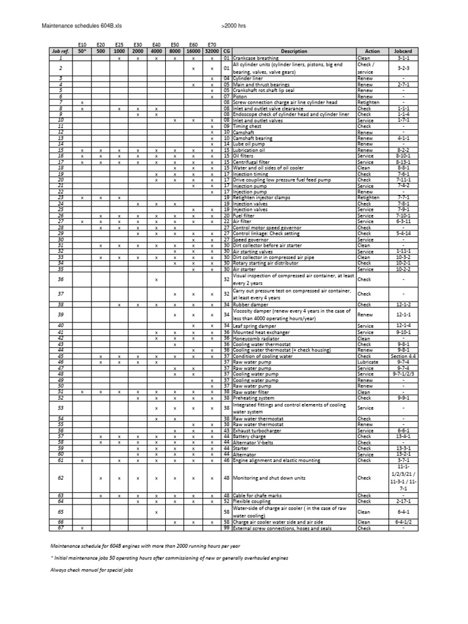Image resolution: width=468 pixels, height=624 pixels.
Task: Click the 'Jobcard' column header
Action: [x=403, y=52]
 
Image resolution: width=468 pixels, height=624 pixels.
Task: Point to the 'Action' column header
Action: [x=372, y=52]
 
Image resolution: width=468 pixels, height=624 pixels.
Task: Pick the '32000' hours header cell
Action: [x=211, y=52]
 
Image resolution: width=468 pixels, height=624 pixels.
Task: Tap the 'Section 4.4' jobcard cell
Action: [x=403, y=356]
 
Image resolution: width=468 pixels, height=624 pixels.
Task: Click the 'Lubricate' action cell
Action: [x=368, y=362]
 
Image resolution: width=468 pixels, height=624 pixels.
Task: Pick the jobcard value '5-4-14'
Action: [x=403, y=233]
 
